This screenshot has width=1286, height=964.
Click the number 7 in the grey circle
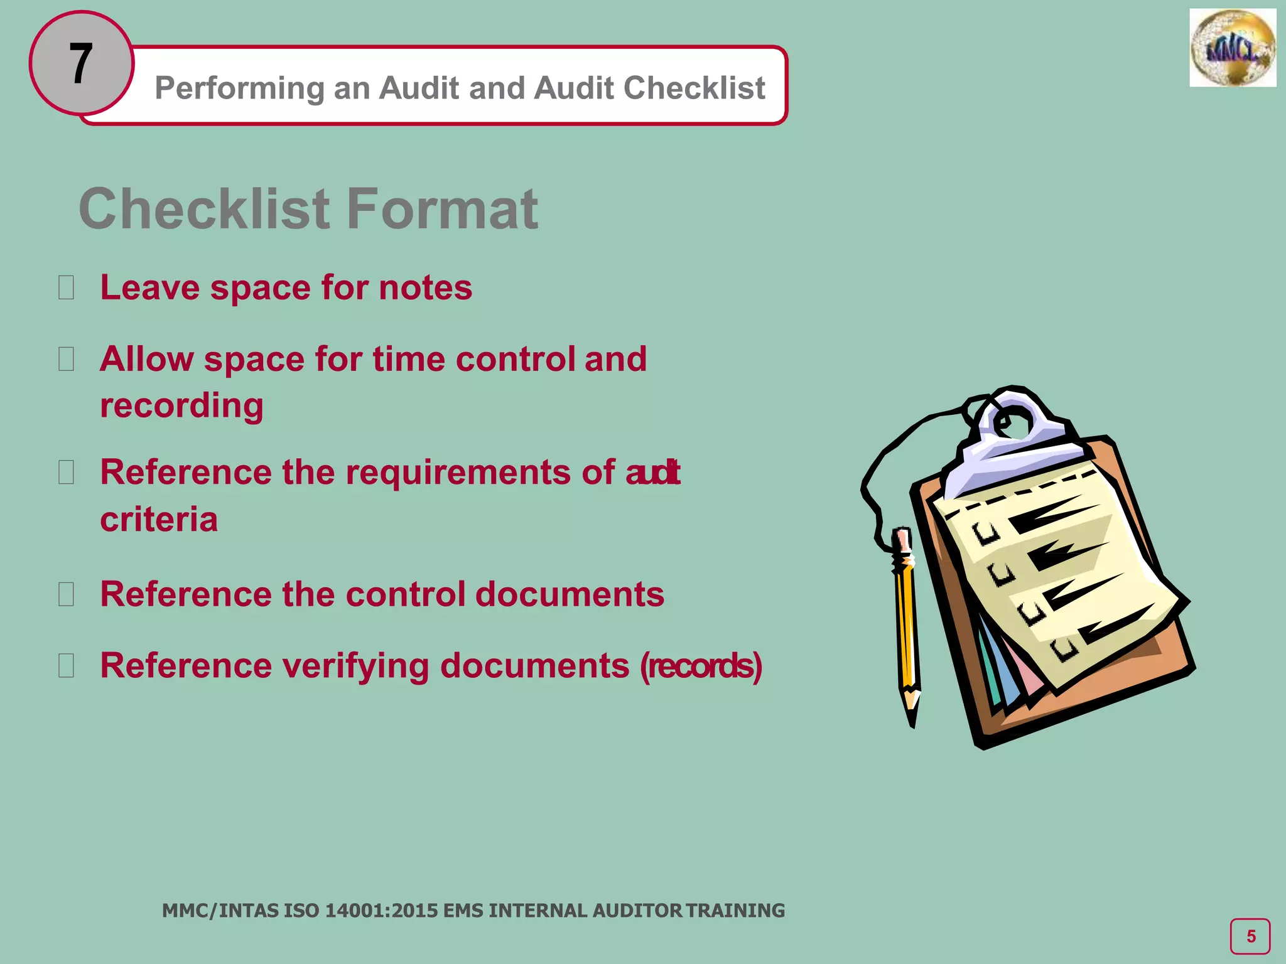(81, 63)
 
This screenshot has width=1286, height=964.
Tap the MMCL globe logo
(1232, 48)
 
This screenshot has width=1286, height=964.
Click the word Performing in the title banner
(240, 88)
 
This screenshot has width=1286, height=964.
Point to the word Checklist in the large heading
(204, 209)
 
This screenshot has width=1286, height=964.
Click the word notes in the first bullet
(425, 288)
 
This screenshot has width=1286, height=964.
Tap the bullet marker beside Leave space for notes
(66, 288)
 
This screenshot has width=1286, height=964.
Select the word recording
(181, 405)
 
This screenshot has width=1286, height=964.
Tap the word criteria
(159, 520)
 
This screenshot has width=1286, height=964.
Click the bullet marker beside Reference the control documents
(66, 594)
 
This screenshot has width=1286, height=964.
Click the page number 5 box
(1250, 936)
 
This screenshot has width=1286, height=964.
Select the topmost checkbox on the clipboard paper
(986, 533)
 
